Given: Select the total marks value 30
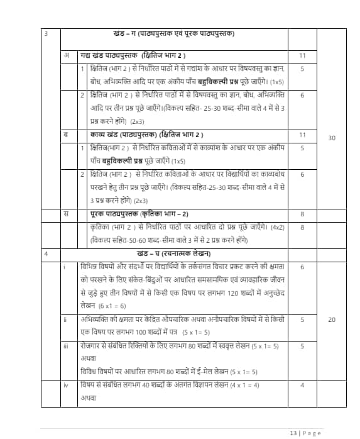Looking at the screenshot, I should coord(332,136).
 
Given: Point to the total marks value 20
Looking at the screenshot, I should coord(332,320).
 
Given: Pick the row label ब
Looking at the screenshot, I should coord(67,135).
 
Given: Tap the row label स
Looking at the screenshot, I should coord(67,214).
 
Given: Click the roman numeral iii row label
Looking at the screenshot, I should coord(66,346).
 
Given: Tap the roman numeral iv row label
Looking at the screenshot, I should coord(66,385).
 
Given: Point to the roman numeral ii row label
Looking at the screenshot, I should coord(65,320).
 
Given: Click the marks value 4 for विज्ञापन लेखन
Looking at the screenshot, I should coord(302,385).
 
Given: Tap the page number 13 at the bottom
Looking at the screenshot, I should coord(293,433).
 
